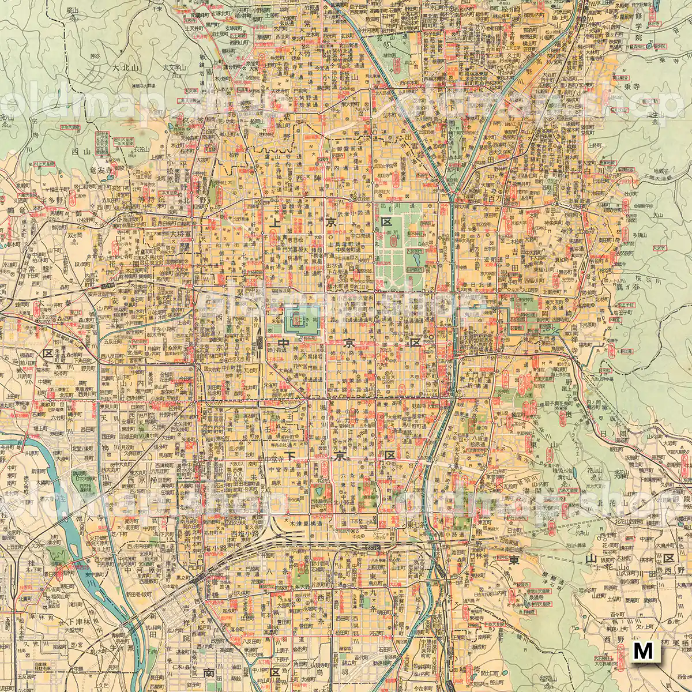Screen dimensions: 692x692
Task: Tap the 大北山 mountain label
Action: tap(126, 67)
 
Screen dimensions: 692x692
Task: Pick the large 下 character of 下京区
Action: tap(292, 456)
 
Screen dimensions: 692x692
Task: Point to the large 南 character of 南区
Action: tap(209, 672)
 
